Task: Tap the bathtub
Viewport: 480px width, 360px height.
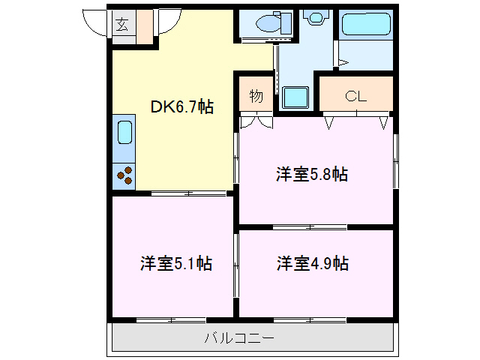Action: coord(367,26)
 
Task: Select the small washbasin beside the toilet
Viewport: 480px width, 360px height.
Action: coord(313,15)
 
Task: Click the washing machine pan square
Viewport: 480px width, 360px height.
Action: coord(295,97)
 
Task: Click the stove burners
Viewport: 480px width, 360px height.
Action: coord(124,176)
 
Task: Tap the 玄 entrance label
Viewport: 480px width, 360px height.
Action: coord(121,24)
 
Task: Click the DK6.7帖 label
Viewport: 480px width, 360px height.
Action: coord(182,106)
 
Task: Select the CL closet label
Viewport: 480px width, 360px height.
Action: coord(355,95)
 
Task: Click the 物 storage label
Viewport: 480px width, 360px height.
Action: coord(256,95)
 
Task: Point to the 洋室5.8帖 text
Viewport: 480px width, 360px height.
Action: coord(311,175)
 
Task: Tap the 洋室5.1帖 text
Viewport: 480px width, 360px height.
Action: coord(175,263)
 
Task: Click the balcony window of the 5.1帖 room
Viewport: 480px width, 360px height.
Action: coord(172,320)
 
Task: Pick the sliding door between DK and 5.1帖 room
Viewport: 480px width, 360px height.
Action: coord(187,193)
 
